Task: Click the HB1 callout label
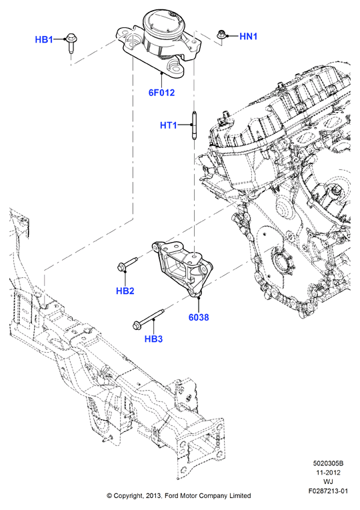coord(44,40)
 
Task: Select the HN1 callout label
coord(248,37)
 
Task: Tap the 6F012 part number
coord(161,93)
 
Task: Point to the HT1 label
coord(169,125)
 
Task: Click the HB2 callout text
coord(125,291)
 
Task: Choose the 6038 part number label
coord(199,317)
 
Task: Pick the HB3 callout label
coord(153,339)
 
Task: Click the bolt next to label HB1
coord(71,42)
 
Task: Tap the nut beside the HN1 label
coord(221,34)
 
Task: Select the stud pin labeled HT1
coord(194,125)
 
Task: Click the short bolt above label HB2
coord(127,264)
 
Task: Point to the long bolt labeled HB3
coord(148,319)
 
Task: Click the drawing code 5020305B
coord(328,463)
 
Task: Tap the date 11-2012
coord(328,472)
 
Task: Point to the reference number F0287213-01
coord(328,491)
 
